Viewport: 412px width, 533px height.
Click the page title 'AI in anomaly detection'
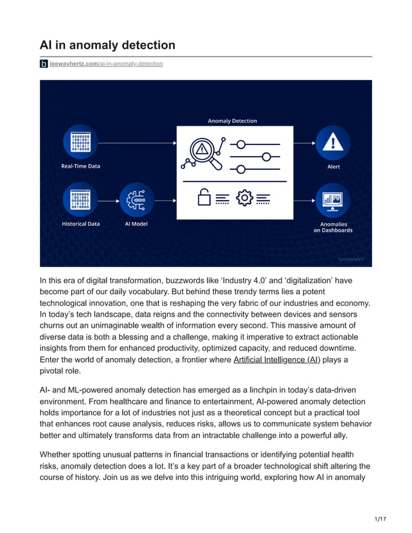107,45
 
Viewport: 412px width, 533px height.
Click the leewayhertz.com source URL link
106,64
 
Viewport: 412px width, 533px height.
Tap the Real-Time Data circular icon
81,142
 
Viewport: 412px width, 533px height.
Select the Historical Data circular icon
81,199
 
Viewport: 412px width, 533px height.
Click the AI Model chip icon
136,199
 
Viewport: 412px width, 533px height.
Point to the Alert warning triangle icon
333,142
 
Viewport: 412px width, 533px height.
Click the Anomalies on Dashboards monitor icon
333,199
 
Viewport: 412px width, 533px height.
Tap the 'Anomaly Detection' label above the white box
232,121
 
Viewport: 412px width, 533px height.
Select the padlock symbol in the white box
204,198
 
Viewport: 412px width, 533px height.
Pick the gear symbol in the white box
245,198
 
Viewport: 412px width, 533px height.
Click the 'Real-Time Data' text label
81,166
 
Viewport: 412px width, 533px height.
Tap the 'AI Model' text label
136,224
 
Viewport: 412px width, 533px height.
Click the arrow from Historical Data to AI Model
108,200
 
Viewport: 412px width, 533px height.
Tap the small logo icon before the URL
44,64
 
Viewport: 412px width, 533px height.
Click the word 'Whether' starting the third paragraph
59,454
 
